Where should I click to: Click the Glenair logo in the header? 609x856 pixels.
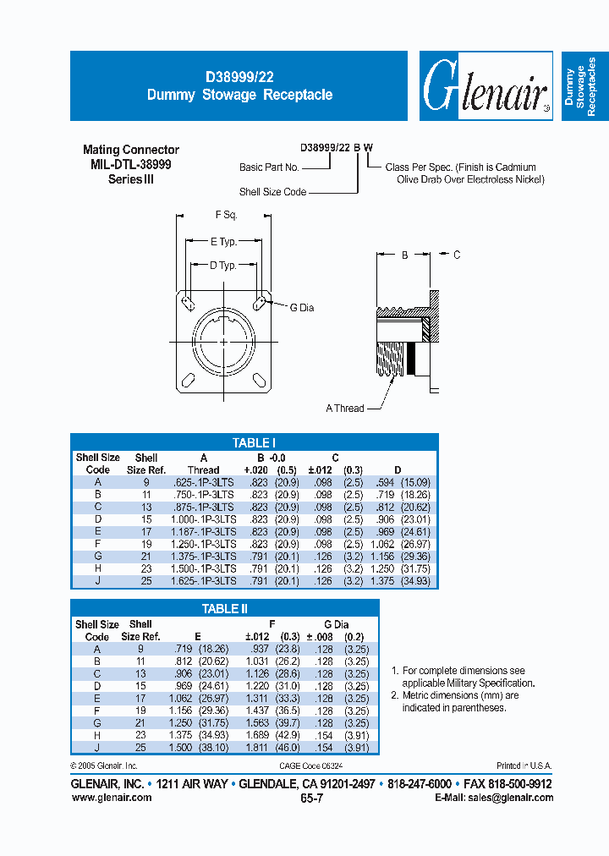click(x=486, y=87)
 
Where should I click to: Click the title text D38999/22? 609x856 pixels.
click(x=239, y=76)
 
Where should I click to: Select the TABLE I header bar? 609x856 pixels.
click(x=254, y=442)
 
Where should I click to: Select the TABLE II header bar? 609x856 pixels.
click(x=225, y=609)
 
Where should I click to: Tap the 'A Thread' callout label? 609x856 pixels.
click(x=345, y=409)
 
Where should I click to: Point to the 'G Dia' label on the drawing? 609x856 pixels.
click(x=302, y=308)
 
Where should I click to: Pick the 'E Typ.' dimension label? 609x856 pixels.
click(x=223, y=242)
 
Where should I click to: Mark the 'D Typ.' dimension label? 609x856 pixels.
click(x=223, y=266)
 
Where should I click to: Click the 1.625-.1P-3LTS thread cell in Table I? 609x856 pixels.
click(x=204, y=580)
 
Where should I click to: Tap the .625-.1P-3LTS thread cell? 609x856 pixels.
click(x=204, y=481)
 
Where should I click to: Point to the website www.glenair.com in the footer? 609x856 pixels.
click(x=111, y=798)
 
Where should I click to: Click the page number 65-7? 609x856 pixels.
click(x=310, y=798)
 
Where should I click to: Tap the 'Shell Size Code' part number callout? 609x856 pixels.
click(x=272, y=192)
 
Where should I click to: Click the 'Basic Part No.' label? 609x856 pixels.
click(x=269, y=168)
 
